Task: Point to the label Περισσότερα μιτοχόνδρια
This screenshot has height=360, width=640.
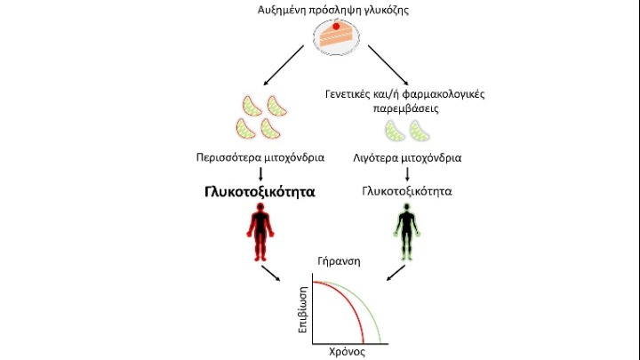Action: (x=259, y=158)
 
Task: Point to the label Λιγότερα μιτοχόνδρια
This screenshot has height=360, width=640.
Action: (x=404, y=158)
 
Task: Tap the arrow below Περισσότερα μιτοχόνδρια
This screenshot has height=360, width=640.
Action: (x=259, y=173)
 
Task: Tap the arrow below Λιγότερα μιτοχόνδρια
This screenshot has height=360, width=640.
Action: (x=404, y=173)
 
